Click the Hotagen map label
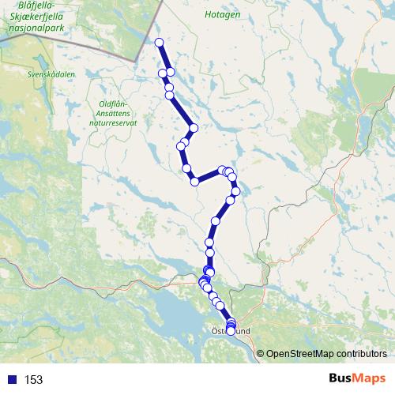click(x=222, y=14)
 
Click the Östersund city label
click(x=231, y=333)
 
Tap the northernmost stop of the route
click(x=160, y=43)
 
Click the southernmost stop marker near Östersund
click(x=231, y=331)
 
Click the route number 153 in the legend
click(x=33, y=379)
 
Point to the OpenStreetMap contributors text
click(x=326, y=353)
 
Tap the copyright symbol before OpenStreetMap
click(x=261, y=353)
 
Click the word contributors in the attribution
click(x=362, y=353)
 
